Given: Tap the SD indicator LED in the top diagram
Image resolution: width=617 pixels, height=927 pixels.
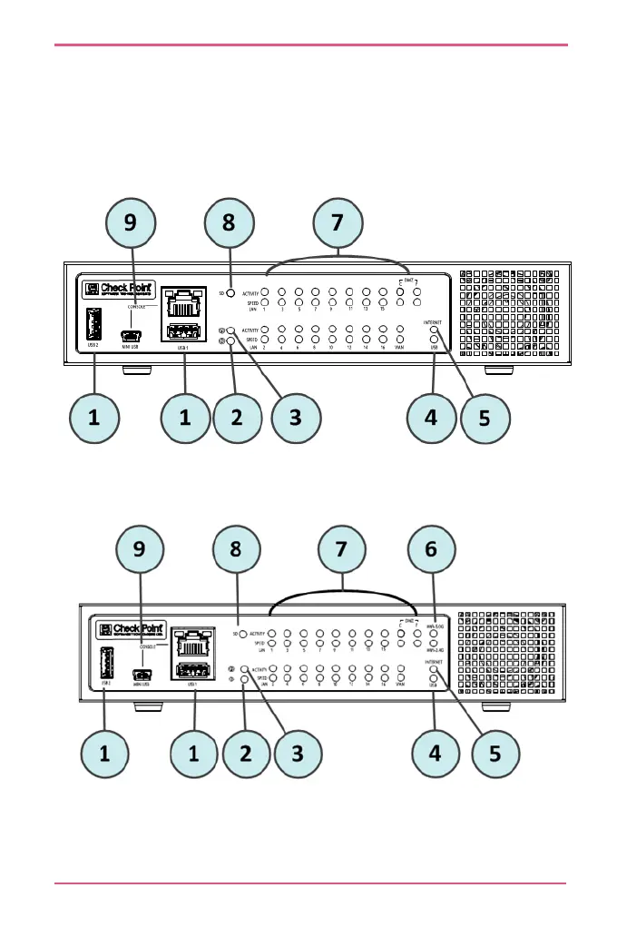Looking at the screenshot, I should tap(231, 293).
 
